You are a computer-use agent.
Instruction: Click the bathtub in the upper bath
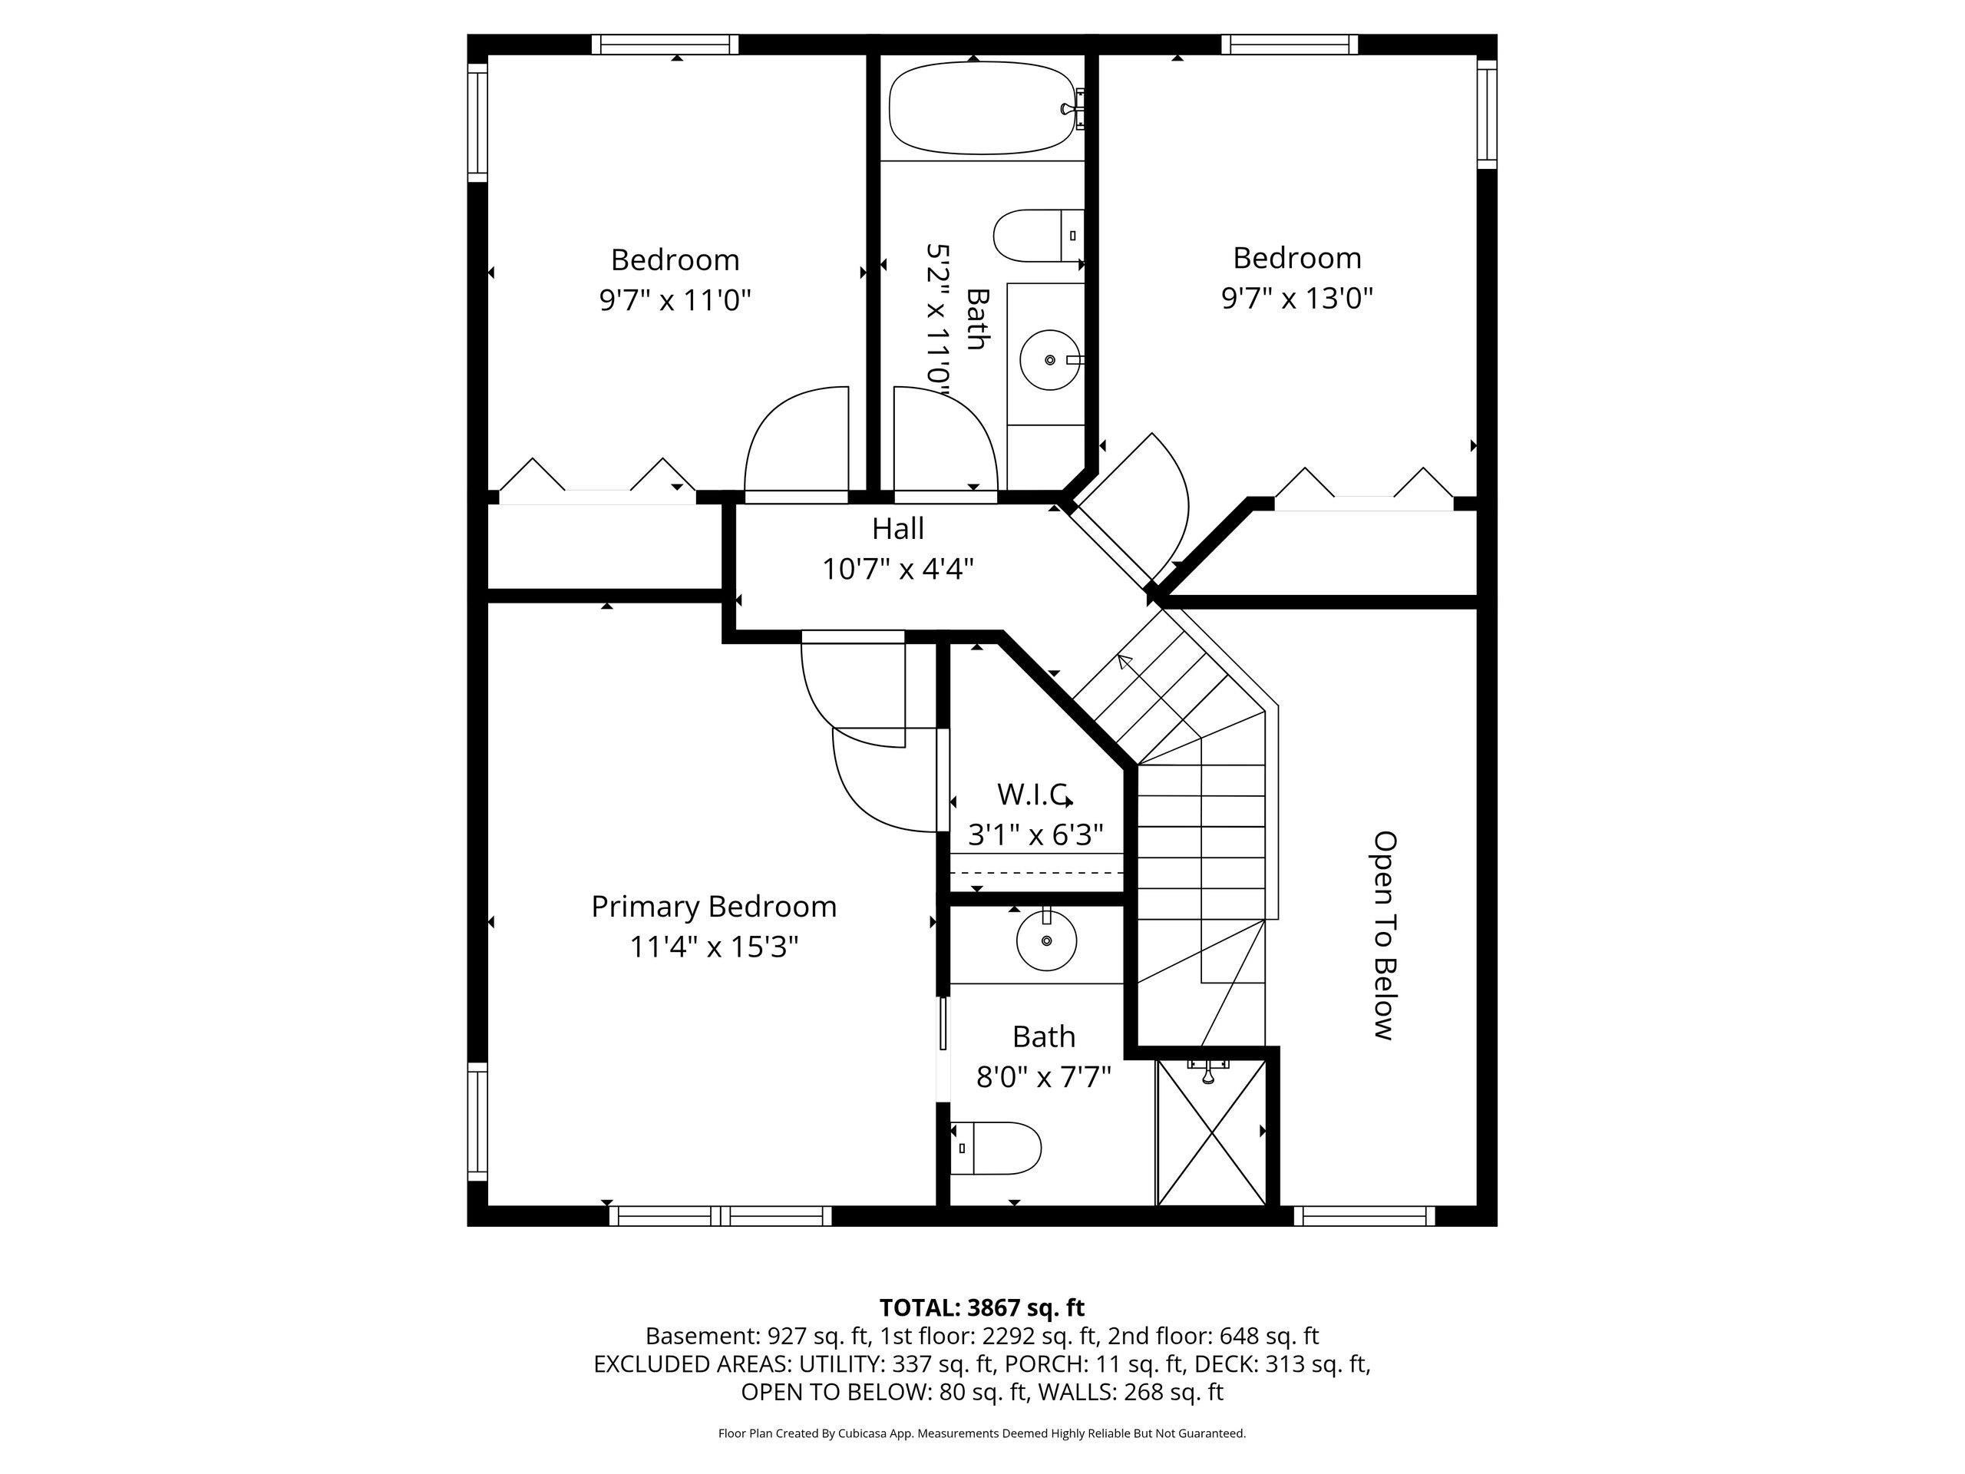pos(986,107)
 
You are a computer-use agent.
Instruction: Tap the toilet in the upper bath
pos(1038,236)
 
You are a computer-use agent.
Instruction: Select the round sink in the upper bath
pos(1049,360)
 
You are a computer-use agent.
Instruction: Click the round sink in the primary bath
pos(1046,939)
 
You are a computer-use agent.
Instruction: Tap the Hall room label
pos(897,529)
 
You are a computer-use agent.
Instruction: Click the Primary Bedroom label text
pos(714,906)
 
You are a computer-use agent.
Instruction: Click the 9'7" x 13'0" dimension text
pos(1297,298)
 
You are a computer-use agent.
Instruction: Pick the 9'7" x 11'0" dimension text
pos(675,300)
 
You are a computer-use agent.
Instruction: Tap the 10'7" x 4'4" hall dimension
pos(897,569)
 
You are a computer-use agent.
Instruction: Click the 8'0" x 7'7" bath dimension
pos(1044,1078)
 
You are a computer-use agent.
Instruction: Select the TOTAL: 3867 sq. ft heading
pos(982,1308)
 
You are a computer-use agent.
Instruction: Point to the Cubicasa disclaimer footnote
pos(982,1433)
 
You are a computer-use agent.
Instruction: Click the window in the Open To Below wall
pos(1363,1216)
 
